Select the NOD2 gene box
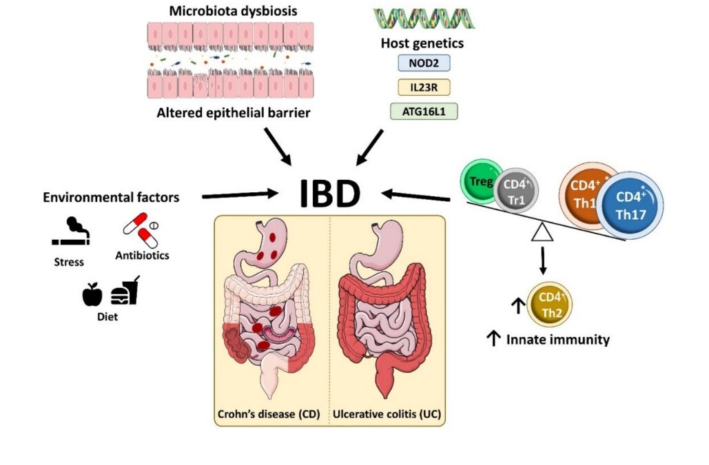(422, 63)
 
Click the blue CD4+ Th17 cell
(630, 205)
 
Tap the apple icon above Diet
(92, 295)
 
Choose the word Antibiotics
(143, 256)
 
